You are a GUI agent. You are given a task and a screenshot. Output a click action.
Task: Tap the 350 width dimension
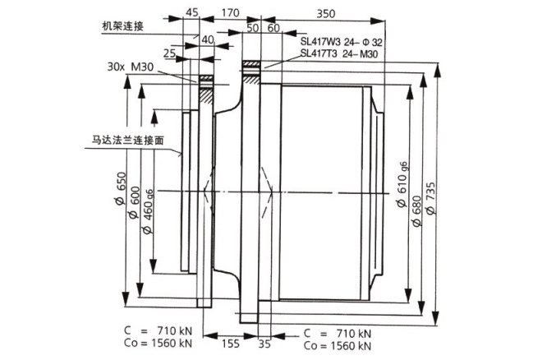point(326,12)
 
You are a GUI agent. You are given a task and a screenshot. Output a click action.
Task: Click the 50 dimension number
point(252,28)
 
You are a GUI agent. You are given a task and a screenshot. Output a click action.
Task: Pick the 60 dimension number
point(273,28)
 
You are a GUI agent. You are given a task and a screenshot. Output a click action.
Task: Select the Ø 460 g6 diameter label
point(149,210)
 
